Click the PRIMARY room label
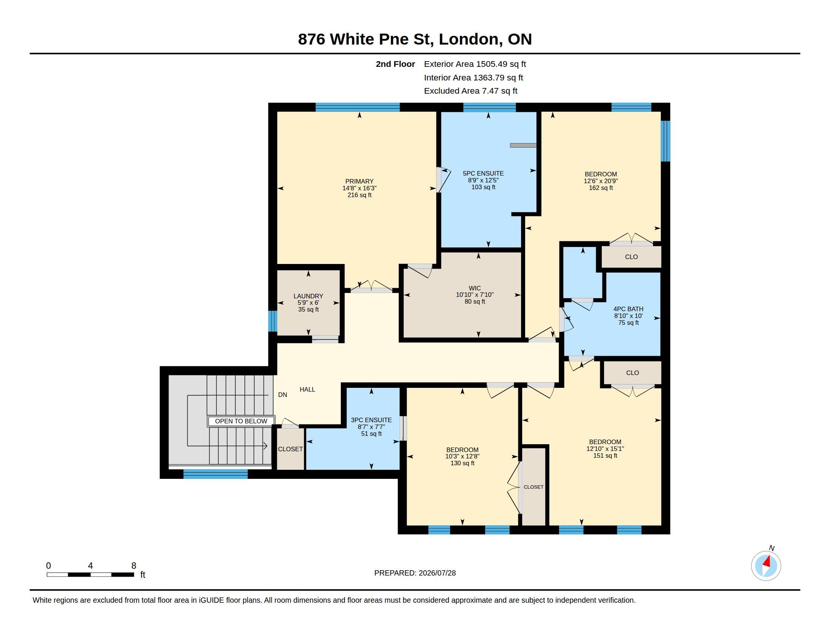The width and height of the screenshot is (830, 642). pos(359,181)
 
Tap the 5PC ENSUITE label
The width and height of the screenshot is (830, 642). pos(483,173)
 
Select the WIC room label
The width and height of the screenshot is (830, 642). pos(475,288)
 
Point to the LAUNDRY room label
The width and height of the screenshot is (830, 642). pos(308,296)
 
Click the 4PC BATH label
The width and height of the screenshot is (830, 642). pos(628,309)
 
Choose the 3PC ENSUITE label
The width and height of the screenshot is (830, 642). pos(371,420)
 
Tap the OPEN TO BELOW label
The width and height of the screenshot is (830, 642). pos(241,421)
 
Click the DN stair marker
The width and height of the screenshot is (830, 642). pos(282,395)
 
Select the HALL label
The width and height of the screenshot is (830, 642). pos(307,389)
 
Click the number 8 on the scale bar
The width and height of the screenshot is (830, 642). pos(134,566)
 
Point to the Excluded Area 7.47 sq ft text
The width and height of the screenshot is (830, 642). pos(470,91)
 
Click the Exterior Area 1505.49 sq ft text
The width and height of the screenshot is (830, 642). pos(475,64)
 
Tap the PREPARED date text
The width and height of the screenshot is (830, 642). pos(415,573)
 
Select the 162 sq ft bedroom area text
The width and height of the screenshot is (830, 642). pos(601,188)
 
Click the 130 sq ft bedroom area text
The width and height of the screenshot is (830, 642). pos(462,463)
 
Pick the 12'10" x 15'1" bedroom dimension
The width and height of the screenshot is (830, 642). pos(605,449)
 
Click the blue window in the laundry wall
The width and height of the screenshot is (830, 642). pos(272,321)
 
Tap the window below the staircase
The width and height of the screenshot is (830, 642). pos(215,474)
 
